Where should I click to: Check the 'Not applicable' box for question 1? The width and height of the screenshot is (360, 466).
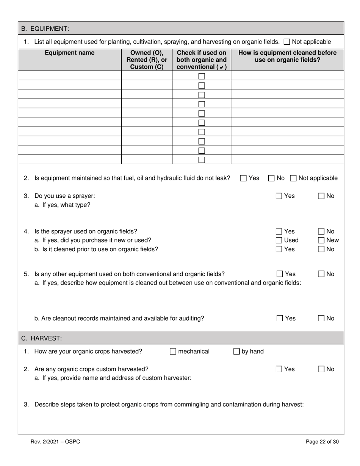pos(287,42)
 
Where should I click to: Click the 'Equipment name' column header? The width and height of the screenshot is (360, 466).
pos(70,53)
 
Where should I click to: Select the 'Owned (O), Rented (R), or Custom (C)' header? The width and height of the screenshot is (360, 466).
pos(147,60)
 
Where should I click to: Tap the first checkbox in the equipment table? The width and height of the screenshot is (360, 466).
pos(202,76)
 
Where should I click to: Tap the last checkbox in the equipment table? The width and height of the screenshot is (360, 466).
pos(202,160)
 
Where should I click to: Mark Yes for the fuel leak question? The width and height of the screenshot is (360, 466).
pos(244,178)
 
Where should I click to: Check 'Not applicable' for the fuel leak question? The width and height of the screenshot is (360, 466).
pos(294,178)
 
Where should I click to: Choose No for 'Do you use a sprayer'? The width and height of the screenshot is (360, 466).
pos(321,196)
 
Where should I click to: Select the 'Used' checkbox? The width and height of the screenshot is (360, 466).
pos(279,240)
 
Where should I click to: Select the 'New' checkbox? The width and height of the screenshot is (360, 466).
pos(321,240)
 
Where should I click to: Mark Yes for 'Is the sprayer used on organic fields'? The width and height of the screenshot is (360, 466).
pos(279,231)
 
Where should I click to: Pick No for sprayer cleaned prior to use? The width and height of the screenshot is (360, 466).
pos(321,249)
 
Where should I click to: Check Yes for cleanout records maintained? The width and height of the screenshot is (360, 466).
pos(280,318)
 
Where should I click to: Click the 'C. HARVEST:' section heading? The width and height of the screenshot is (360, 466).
pos(41,338)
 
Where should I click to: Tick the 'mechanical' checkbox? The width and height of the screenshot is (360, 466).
pos(173,352)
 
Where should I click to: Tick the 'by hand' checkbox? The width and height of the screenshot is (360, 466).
pos(236,352)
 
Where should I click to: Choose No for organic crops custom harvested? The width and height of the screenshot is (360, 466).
pos(321,369)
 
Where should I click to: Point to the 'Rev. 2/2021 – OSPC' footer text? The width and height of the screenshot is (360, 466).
pos(55,441)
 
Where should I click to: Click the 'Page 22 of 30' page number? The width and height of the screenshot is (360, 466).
pos(322,441)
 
